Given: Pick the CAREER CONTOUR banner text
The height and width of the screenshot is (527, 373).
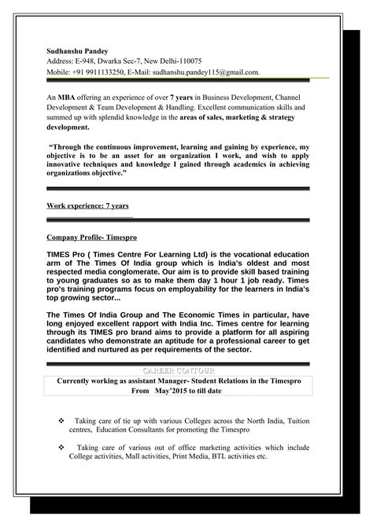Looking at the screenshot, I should pyautogui.click(x=186, y=370).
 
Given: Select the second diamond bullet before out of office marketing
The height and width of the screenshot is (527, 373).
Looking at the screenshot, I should pyautogui.click(x=63, y=446).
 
